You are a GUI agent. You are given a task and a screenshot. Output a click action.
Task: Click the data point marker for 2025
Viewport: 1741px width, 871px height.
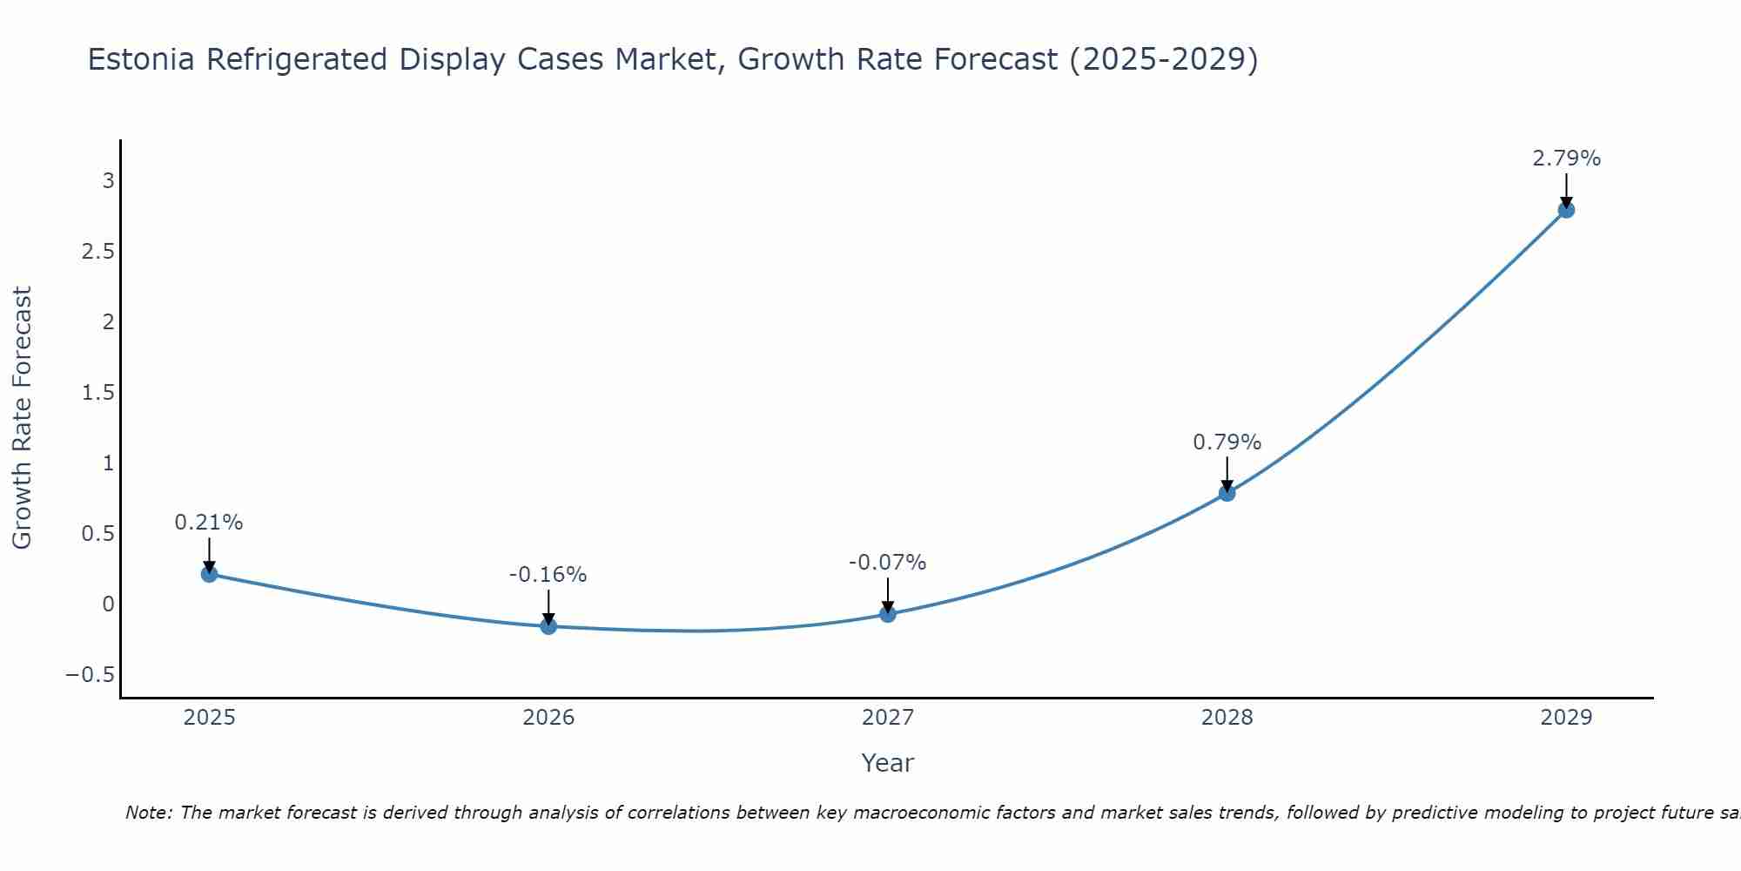[x=209, y=574]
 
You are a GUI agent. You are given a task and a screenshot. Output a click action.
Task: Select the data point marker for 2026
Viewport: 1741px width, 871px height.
[x=548, y=626]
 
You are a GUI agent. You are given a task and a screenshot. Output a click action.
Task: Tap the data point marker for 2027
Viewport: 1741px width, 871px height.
[x=888, y=614]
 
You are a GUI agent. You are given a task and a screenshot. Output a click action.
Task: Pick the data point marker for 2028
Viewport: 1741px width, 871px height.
[x=1227, y=493]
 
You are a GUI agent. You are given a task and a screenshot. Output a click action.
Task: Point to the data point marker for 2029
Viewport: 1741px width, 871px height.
[x=1566, y=210]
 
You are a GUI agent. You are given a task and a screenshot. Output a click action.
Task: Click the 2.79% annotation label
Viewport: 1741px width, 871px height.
[x=1566, y=159]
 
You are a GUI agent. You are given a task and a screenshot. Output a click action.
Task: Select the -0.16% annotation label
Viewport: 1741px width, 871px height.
[x=548, y=575]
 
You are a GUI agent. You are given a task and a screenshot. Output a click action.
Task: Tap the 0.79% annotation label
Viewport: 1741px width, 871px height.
[x=1227, y=442]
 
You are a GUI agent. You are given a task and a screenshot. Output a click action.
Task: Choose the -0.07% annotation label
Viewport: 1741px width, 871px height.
[x=887, y=563]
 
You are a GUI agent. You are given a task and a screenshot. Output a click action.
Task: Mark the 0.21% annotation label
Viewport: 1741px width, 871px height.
[x=209, y=523]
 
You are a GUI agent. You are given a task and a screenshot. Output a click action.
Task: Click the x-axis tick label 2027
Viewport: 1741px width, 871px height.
[x=887, y=718]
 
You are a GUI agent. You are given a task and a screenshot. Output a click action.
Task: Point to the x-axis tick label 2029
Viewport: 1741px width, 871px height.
[x=1566, y=718]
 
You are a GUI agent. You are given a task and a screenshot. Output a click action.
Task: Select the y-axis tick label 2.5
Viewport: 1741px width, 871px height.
[x=97, y=252]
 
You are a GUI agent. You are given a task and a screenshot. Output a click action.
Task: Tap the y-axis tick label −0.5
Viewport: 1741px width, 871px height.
[x=90, y=675]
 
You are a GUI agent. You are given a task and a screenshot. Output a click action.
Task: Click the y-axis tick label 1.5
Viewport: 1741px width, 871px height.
[x=97, y=393]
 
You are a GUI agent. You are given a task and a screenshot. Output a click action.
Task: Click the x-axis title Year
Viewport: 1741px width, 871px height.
[x=887, y=763]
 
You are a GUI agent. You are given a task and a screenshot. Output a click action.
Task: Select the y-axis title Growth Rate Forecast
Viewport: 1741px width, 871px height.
[x=22, y=418]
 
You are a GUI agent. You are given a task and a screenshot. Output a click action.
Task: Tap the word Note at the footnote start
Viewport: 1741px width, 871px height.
[x=148, y=813]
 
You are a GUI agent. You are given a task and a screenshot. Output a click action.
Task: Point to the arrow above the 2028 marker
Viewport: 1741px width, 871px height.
[x=1227, y=473]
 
